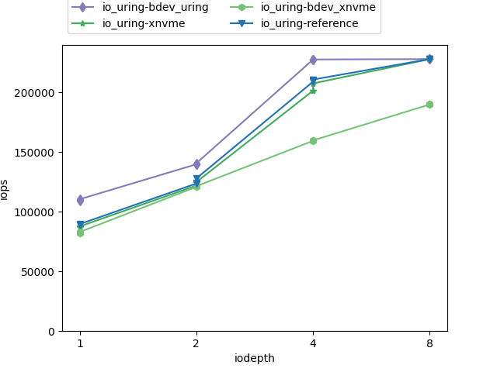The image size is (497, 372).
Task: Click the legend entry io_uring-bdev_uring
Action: tap(155, 8)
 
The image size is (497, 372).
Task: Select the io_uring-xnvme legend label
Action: tap(137, 23)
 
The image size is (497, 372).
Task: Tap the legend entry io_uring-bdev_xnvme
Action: tap(318, 8)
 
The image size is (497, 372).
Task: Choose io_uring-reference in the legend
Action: tap(309, 23)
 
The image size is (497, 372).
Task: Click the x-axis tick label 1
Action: tap(80, 343)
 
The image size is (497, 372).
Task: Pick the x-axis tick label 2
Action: tap(196, 343)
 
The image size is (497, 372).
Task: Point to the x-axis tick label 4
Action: tap(313, 343)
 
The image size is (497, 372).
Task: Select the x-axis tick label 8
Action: tap(429, 343)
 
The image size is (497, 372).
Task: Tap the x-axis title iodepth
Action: tap(255, 358)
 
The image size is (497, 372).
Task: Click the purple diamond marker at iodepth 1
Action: tap(80, 200)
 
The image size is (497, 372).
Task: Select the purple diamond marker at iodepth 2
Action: tap(196, 164)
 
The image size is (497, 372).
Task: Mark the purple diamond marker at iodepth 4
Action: tap(313, 60)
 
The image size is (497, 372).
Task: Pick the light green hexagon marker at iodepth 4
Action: tap(313, 141)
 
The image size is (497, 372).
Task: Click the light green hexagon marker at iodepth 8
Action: tap(429, 105)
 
